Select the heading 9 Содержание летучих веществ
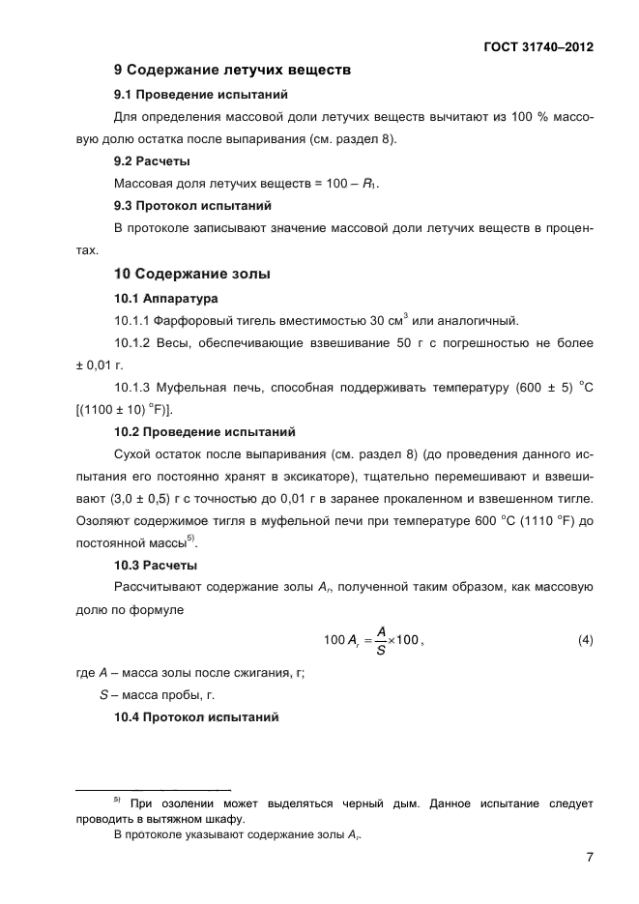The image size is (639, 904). [231, 71]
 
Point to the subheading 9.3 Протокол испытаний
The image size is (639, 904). [192, 206]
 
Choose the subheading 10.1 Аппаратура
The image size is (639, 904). [165, 299]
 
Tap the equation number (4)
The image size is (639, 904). [585, 641]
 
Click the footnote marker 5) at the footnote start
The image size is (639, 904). [116, 801]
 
